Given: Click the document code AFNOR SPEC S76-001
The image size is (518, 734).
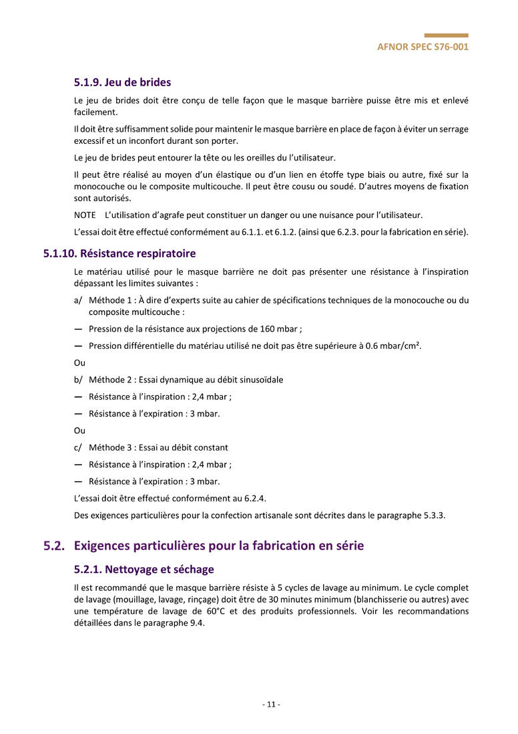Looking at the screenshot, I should [423, 47].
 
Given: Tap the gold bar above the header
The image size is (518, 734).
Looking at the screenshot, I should [446, 35].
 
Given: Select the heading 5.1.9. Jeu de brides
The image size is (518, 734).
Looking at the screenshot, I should [122, 82].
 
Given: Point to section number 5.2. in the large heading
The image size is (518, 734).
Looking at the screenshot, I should [54, 545].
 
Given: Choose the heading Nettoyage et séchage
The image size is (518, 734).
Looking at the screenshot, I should [144, 570].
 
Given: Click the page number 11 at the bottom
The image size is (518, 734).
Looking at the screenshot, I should [270, 705].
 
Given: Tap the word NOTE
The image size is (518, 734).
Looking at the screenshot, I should [85, 215].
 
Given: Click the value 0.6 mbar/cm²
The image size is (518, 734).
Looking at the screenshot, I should [393, 346].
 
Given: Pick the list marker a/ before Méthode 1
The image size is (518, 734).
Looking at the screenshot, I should [78, 301].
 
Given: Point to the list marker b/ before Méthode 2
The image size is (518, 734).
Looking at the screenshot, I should [78, 380].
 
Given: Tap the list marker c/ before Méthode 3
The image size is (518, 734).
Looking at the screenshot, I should [78, 448].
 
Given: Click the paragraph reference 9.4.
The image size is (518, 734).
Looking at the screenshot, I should [195, 624].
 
